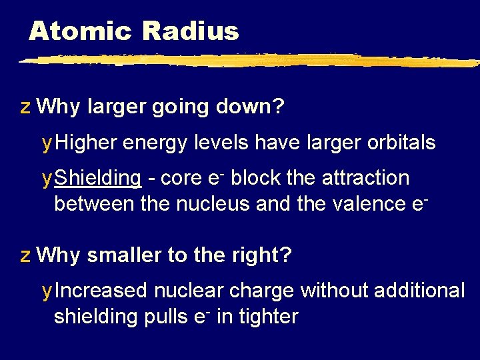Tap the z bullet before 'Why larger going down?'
25,107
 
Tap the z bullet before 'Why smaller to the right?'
25,255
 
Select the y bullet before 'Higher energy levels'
46,143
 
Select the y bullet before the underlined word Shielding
46,179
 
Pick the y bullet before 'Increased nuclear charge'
46,291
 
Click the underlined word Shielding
97,178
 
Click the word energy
155,143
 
